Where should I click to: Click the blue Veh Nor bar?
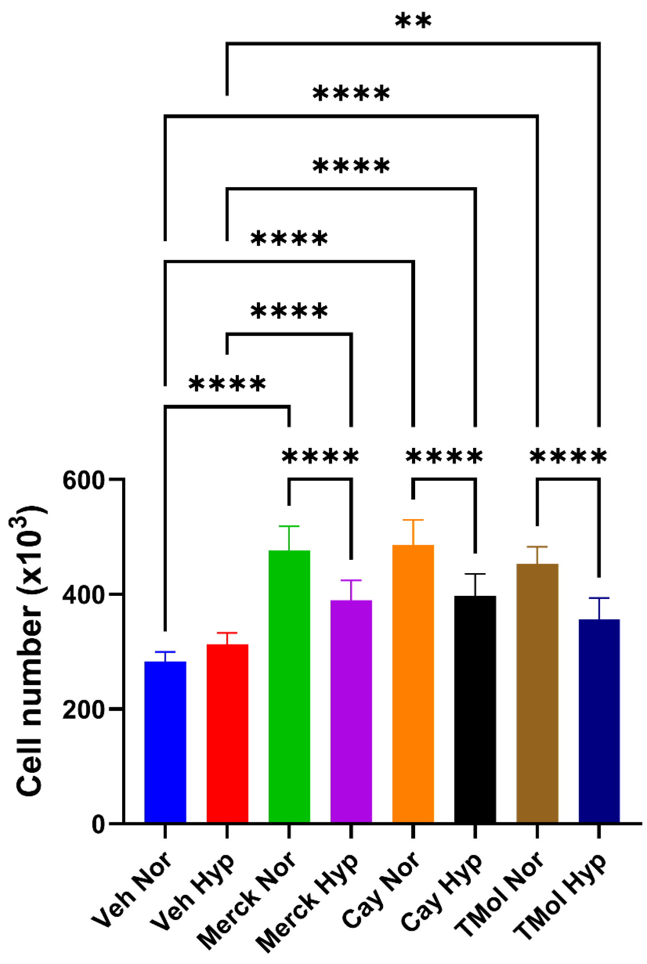(165, 742)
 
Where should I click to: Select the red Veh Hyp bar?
(227, 733)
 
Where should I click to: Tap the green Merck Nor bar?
(289, 686)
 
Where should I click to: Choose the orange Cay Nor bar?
(413, 684)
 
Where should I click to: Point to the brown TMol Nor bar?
(537, 693)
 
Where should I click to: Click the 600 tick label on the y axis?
(83, 481)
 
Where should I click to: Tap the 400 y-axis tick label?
(83, 595)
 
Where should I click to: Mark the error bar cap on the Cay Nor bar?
(413, 520)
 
